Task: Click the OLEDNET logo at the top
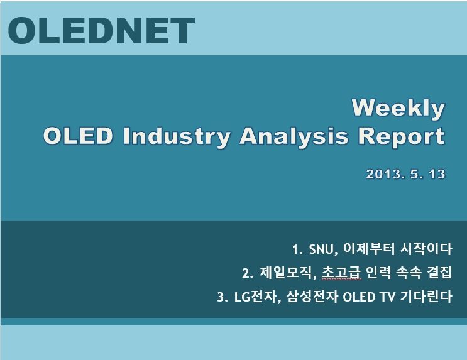[101, 30]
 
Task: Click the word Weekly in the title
[398, 109]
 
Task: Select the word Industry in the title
[177, 137]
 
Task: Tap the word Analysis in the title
[294, 137]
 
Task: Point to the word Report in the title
[401, 137]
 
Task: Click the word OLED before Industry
[78, 136]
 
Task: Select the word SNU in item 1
[322, 249]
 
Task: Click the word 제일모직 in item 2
[285, 273]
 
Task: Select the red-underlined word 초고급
[341, 272]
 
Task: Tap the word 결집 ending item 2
[439, 272]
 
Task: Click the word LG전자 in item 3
[256, 297]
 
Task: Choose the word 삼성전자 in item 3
[312, 297]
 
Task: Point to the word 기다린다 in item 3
[426, 297]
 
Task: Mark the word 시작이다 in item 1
[426, 249]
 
